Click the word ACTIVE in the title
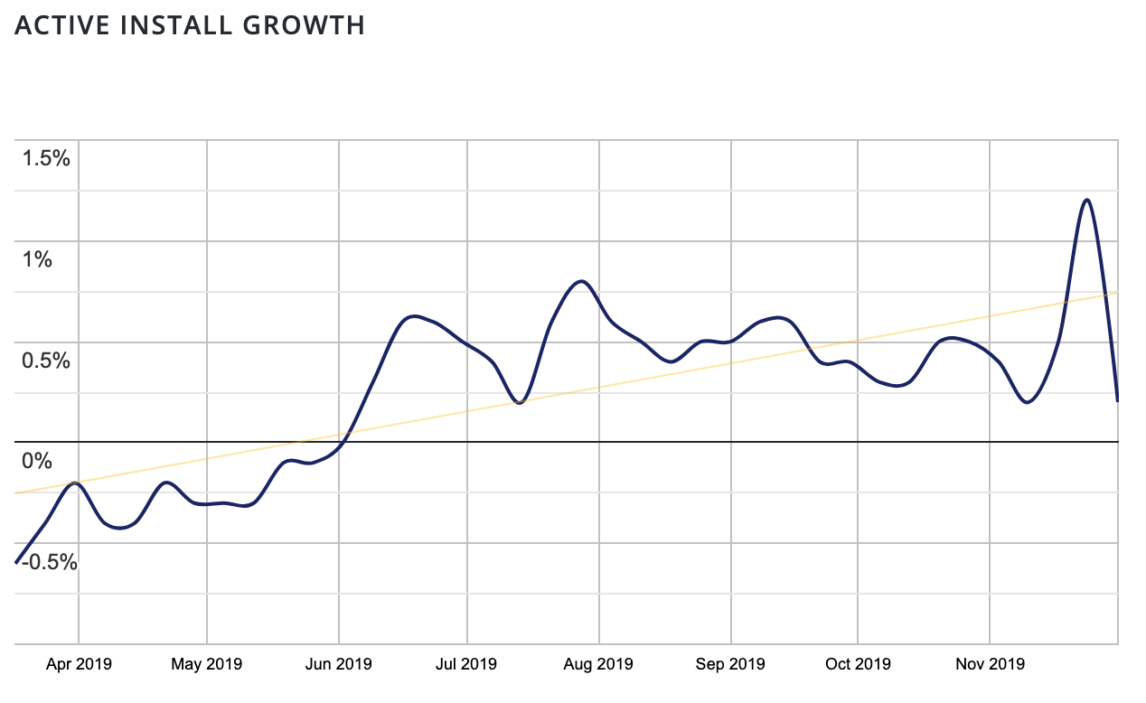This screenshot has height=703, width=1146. (57, 26)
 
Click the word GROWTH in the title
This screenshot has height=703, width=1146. (306, 26)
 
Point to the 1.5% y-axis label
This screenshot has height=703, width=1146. (47, 159)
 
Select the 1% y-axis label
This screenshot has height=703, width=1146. (38, 260)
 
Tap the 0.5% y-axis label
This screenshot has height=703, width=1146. (47, 361)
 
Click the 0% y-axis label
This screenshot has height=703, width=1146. (38, 462)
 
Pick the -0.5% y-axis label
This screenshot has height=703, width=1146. (49, 562)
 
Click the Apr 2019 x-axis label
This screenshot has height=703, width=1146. (79, 664)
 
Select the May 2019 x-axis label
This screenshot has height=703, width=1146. (207, 664)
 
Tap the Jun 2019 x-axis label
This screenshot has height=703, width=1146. (338, 664)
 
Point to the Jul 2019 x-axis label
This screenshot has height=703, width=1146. (467, 664)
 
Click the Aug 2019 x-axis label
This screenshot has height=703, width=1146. (598, 664)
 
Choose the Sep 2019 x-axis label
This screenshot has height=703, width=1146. (730, 664)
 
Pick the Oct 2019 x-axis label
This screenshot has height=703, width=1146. (857, 664)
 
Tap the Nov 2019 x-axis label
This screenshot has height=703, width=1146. (991, 664)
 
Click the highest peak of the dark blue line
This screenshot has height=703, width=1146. (1086, 200)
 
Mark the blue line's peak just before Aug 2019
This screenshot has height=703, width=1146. (582, 281)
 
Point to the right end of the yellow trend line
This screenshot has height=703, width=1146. (1118, 293)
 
